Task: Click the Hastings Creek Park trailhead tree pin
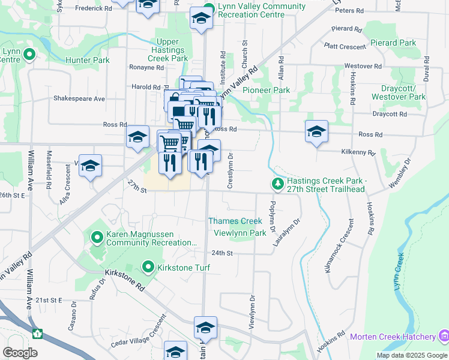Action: coord(277,183)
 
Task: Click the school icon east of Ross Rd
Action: coord(316,131)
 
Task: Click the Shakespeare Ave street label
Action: coord(79,98)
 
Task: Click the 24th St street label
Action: coord(221,253)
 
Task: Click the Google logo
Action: coord(20,353)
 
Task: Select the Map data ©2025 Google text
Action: coord(412,355)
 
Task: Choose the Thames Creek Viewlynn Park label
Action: coord(237,227)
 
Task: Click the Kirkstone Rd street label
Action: coord(125,279)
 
